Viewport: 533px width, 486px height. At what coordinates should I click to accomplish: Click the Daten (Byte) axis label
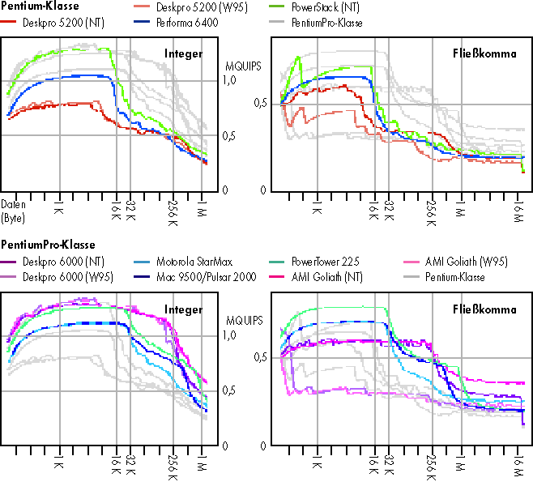pos(14,211)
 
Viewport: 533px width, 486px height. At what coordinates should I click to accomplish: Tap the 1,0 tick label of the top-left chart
pos(228,80)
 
